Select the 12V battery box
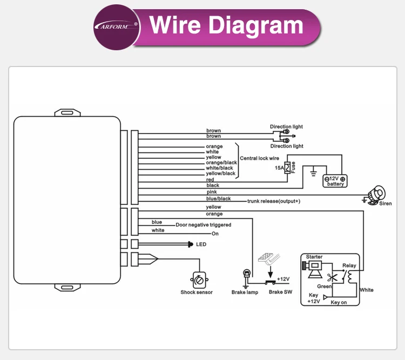tap(335, 181)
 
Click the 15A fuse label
tap(280, 168)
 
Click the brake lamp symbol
tap(245, 275)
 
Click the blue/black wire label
tap(218, 199)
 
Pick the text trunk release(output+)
tap(273, 201)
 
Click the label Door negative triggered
tap(203, 225)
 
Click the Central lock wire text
tap(259, 158)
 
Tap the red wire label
tap(210, 179)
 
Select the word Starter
tap(314, 257)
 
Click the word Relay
tap(349, 266)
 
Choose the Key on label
tap(339, 303)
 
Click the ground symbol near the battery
tap(313, 174)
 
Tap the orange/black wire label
tap(221, 163)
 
